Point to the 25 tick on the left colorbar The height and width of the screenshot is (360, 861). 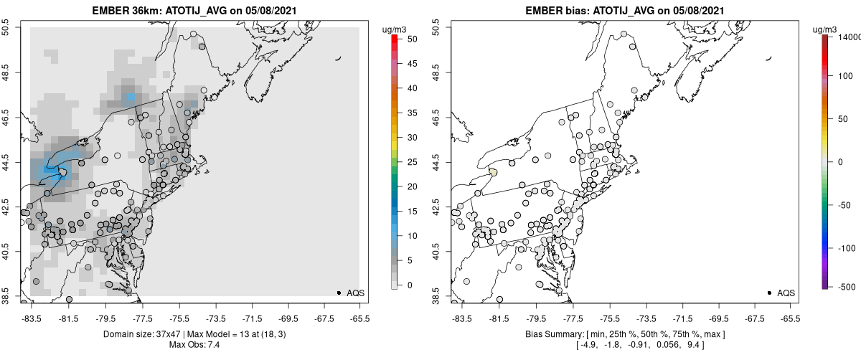[x=413, y=162]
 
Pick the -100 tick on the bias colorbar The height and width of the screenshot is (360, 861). [x=850, y=247]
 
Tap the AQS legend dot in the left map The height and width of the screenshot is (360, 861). [x=339, y=293]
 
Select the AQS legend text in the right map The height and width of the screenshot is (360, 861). [x=786, y=293]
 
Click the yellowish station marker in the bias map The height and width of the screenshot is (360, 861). [x=493, y=172]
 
